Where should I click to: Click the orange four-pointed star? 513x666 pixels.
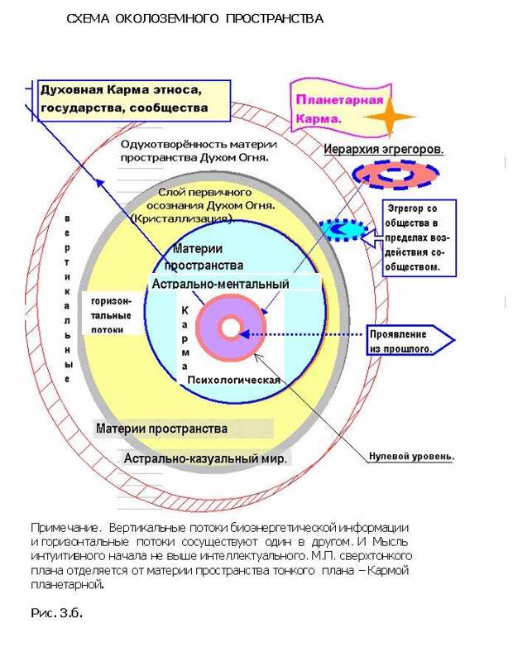pyautogui.click(x=389, y=117)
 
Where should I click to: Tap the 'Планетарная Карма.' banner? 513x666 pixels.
pyautogui.click(x=340, y=108)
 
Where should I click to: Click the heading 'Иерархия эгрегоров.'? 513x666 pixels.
pyautogui.click(x=383, y=150)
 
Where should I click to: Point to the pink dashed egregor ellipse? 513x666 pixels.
pyautogui.click(x=396, y=174)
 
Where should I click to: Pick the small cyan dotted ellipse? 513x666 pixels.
pyautogui.click(x=343, y=230)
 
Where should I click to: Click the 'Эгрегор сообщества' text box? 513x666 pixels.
pyautogui.click(x=419, y=238)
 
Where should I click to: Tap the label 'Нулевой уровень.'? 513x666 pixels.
pyautogui.click(x=411, y=457)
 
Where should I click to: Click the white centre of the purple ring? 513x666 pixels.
pyautogui.click(x=231, y=328)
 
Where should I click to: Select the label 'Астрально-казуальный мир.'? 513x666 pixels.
pyautogui.click(x=205, y=458)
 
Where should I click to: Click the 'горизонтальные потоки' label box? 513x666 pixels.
pyautogui.click(x=113, y=313)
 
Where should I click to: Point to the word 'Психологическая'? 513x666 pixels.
pyautogui.click(x=234, y=380)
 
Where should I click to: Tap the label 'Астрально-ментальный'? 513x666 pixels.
pyautogui.click(x=220, y=284)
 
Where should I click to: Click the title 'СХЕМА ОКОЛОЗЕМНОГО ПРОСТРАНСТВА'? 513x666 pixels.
pyautogui.click(x=195, y=19)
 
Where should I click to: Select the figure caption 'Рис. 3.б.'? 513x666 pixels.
pyautogui.click(x=56, y=613)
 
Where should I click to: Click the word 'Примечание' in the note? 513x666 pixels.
pyautogui.click(x=65, y=529)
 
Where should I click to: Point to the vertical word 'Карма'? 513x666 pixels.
pyautogui.click(x=185, y=338)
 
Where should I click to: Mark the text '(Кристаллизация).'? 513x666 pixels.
pyautogui.click(x=183, y=219)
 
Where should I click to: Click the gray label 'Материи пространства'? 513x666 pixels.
pyautogui.click(x=162, y=429)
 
